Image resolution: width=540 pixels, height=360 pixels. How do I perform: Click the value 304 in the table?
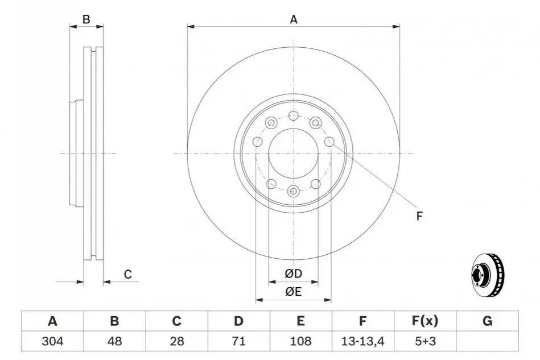[52, 341]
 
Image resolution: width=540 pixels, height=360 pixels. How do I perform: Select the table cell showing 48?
[114, 341]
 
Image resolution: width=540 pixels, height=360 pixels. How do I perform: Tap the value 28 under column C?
[176, 341]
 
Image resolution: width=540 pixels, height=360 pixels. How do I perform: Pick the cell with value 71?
[238, 341]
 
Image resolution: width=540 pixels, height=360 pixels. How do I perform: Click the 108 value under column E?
[300, 341]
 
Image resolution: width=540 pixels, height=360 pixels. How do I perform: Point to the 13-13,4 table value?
[362, 341]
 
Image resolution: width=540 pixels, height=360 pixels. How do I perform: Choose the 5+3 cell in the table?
[425, 341]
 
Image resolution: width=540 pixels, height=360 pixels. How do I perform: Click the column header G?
[487, 321]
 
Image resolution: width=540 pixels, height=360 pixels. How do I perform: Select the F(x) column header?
[425, 321]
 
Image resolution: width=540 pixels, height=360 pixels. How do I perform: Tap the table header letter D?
[238, 321]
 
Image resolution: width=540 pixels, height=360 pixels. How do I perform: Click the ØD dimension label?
[293, 274]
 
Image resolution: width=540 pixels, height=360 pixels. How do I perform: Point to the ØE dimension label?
[293, 292]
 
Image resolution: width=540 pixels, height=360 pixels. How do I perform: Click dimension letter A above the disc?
[294, 19]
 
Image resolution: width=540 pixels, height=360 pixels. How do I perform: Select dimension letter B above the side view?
[86, 19]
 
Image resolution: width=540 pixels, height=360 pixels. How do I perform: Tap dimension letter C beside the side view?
[128, 274]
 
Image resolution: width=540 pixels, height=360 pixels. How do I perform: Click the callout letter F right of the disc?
[419, 216]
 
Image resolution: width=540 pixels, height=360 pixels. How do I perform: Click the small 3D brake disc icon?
[487, 275]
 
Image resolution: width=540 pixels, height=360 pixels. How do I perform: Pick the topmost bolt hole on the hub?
[294, 115]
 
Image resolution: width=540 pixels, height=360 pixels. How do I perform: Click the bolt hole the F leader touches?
[329, 142]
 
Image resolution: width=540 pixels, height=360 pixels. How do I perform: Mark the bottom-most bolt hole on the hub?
[294, 191]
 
